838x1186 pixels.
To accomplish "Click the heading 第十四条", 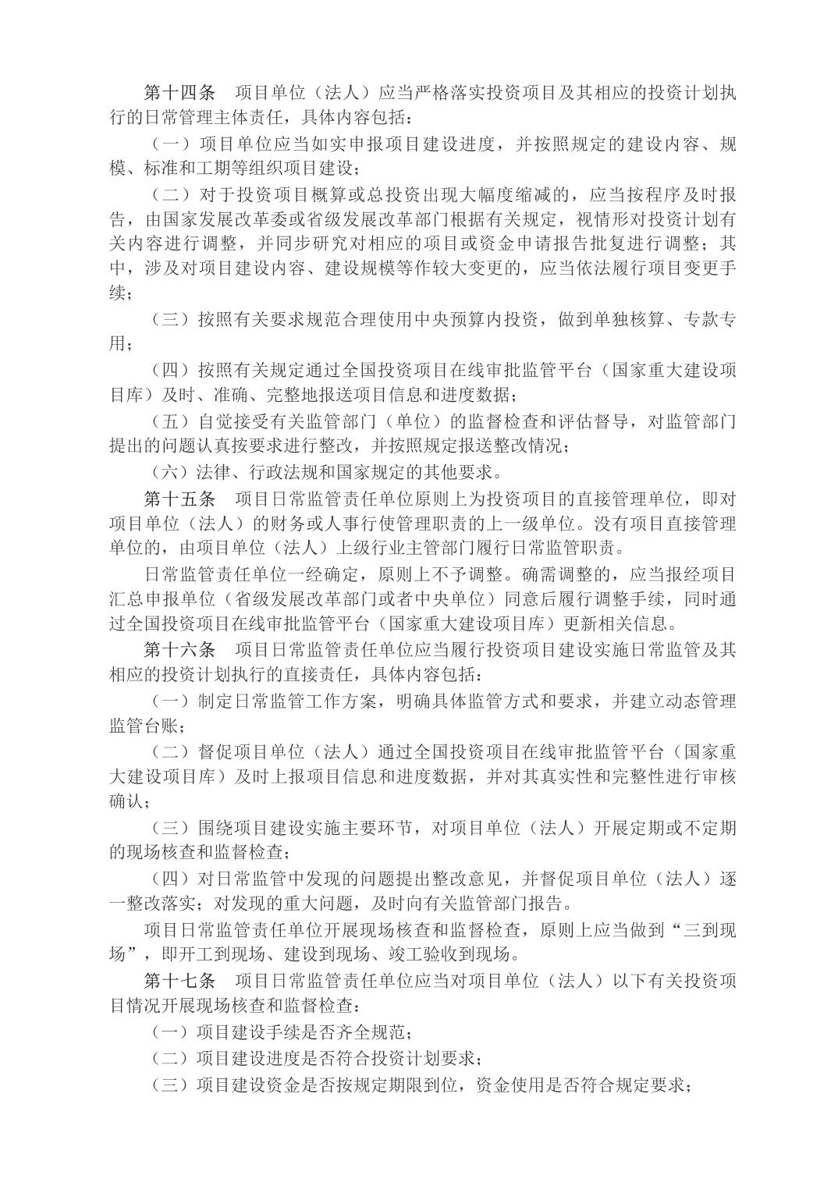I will [x=180, y=93].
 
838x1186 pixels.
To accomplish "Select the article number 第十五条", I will [x=180, y=497].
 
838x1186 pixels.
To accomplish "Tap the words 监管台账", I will [x=144, y=725].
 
